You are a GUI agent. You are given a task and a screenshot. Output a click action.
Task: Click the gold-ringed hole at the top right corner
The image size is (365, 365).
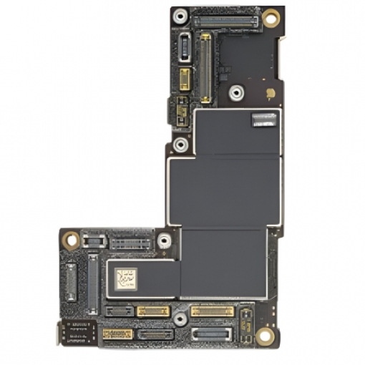click(271, 17)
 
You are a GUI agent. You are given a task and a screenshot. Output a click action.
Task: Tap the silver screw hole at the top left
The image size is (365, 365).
click(182, 14)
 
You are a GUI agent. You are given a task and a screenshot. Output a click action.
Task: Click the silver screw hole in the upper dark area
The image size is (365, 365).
click(235, 92)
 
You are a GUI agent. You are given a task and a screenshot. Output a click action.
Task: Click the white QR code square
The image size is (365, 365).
click(126, 276)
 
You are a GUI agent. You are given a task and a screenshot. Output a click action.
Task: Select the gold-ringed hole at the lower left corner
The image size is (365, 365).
click(70, 240)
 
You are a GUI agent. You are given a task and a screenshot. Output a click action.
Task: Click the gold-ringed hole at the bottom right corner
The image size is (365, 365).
click(266, 336)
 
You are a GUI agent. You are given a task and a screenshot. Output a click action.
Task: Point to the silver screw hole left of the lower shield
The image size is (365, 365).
click(164, 241)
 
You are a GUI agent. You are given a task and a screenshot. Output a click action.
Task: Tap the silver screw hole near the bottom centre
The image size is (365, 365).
click(179, 331)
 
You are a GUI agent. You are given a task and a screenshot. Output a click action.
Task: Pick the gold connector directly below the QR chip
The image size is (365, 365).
click(152, 311)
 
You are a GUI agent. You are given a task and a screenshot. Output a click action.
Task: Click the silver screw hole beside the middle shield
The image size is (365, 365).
click(182, 145)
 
